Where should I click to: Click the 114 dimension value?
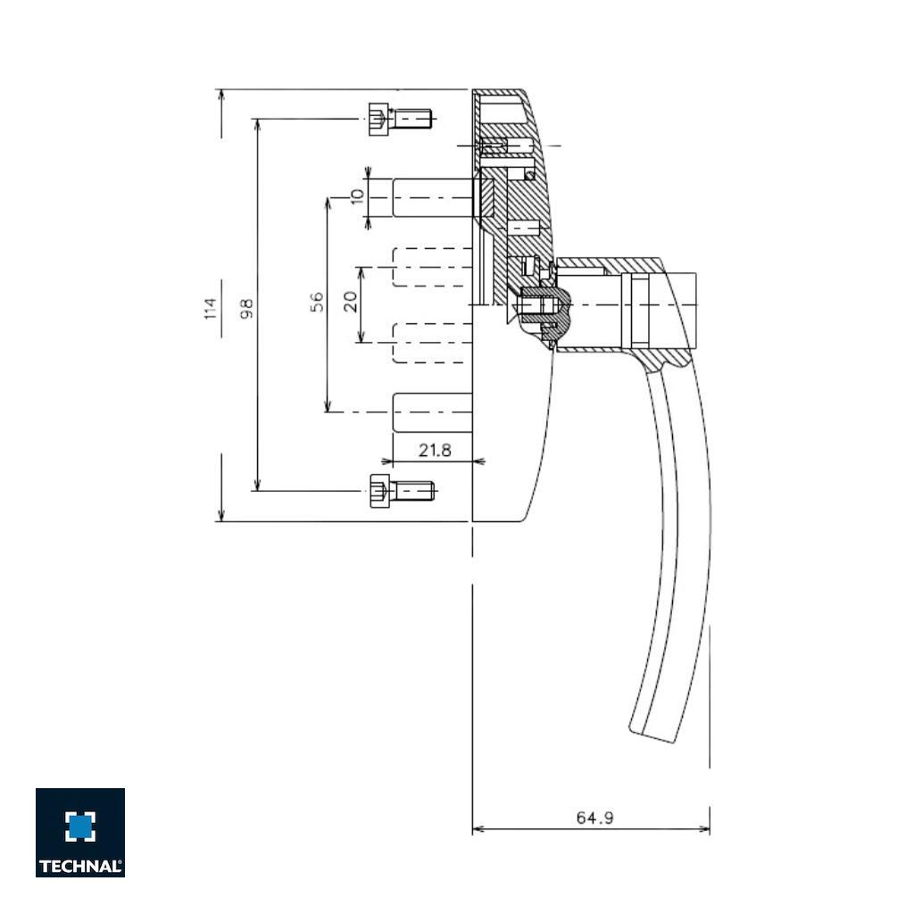pos(211,308)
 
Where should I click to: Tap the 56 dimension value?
pos(317,303)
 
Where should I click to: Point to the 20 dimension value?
pos(352,302)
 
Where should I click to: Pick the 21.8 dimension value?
pos(435,451)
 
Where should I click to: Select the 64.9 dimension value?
pos(594,818)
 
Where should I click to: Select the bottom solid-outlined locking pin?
pos(432,412)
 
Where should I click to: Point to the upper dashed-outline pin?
pos(432,267)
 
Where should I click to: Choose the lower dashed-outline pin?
pos(432,343)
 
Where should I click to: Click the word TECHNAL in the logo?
pos(79,866)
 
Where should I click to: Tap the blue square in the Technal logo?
pos(80,826)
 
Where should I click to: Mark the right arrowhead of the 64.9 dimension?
pos(705,829)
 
